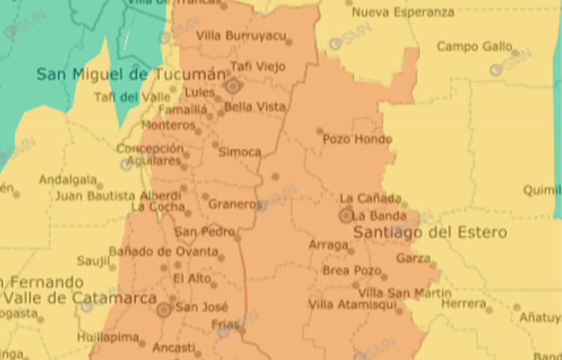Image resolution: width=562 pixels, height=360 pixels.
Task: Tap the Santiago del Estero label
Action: point(430,233)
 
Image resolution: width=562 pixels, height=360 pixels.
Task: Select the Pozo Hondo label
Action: point(357,139)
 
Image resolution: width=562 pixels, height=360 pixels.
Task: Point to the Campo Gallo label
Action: point(474,47)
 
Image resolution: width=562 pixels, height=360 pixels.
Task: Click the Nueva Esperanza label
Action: point(402,12)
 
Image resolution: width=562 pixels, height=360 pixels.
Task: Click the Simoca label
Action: point(239,152)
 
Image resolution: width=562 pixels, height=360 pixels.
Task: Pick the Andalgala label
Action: point(67,179)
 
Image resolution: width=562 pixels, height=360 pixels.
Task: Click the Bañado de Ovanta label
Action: point(163,252)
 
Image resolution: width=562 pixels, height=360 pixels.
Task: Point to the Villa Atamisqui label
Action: point(352,304)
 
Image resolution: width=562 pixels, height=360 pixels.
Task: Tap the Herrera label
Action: point(463,304)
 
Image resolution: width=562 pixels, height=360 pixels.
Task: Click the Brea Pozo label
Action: point(352,270)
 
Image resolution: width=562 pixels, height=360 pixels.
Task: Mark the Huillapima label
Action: point(108,337)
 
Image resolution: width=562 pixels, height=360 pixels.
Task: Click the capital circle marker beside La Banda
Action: point(345,216)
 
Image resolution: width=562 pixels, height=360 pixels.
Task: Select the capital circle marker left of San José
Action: point(164,310)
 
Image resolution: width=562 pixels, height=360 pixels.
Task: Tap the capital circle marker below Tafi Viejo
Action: point(233,86)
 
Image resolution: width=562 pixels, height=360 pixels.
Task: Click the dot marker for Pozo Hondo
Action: point(320,132)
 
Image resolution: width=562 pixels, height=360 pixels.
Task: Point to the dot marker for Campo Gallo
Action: point(515,53)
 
